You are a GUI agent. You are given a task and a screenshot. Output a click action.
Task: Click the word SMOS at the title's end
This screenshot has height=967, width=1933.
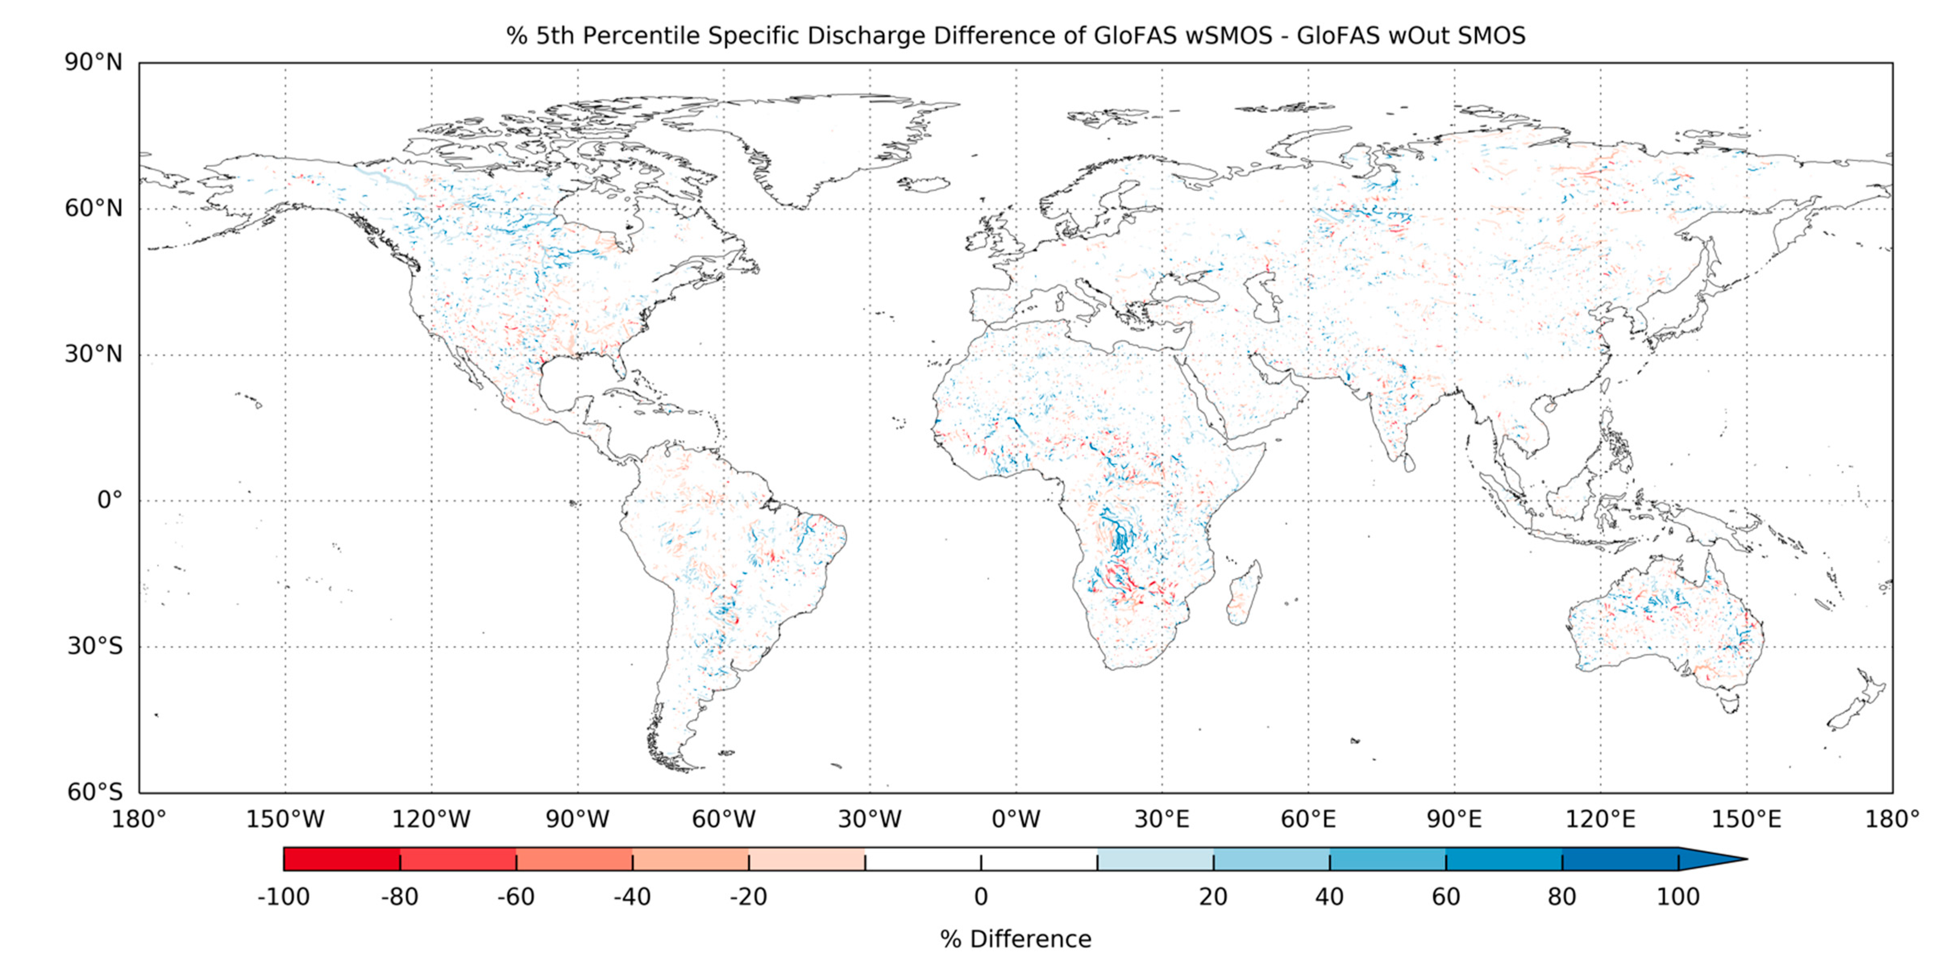[1491, 36]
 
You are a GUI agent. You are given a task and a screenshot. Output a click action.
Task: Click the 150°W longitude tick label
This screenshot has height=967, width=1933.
[285, 819]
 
